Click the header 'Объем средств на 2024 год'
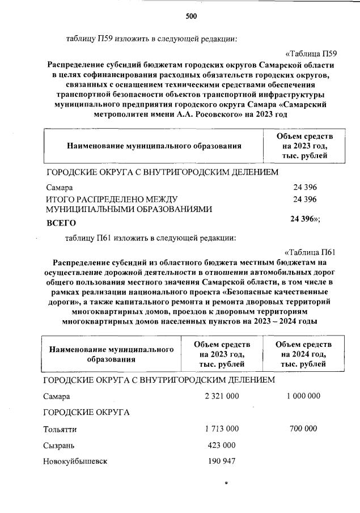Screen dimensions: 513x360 point(303,354)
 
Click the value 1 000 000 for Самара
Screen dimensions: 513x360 point(303,396)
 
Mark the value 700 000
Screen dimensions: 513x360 point(303,429)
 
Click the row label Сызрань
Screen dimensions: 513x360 point(59,446)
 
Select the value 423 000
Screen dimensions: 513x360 point(222,445)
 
